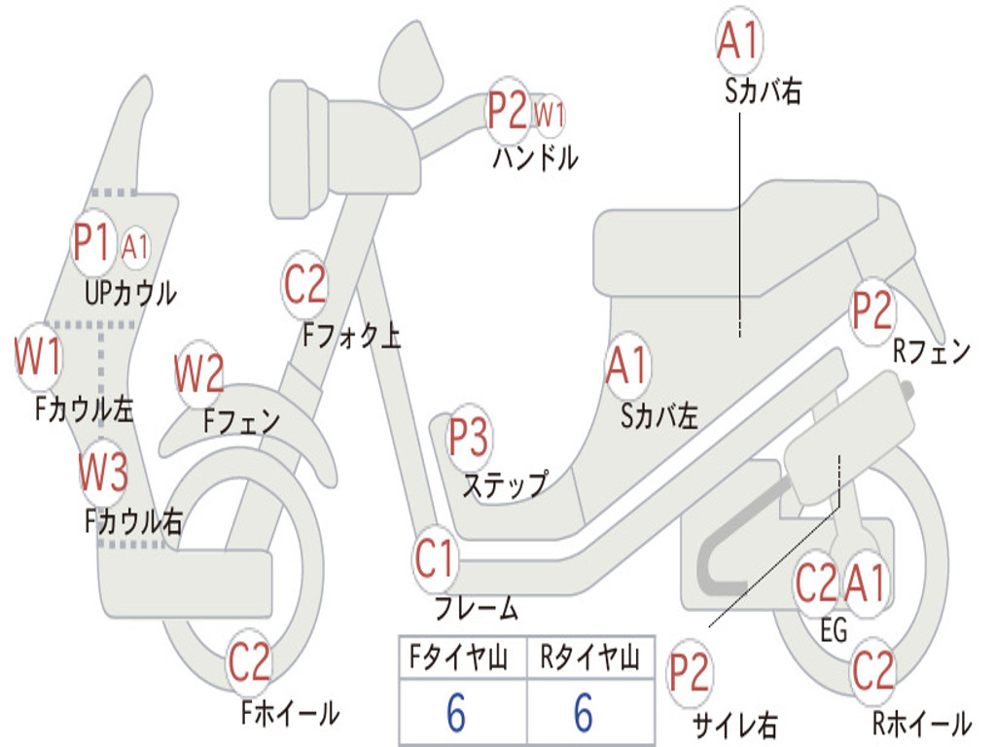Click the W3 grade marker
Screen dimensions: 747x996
coord(103,474)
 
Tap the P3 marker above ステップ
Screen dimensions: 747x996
coord(468,439)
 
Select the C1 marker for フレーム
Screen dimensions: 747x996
coord(435,560)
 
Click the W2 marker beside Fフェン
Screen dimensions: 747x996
coord(199,373)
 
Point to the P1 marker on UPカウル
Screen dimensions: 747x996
coord(91,243)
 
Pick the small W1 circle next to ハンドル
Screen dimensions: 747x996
coord(551,115)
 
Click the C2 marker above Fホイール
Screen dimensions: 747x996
coord(249,662)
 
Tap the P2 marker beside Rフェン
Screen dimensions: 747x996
coord(871,310)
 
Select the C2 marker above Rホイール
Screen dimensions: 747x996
coord(872,670)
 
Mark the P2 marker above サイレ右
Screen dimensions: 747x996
coord(689,674)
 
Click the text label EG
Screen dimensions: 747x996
coord(834,630)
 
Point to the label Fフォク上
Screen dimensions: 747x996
coord(351,336)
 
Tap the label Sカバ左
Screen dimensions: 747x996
coord(659,416)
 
